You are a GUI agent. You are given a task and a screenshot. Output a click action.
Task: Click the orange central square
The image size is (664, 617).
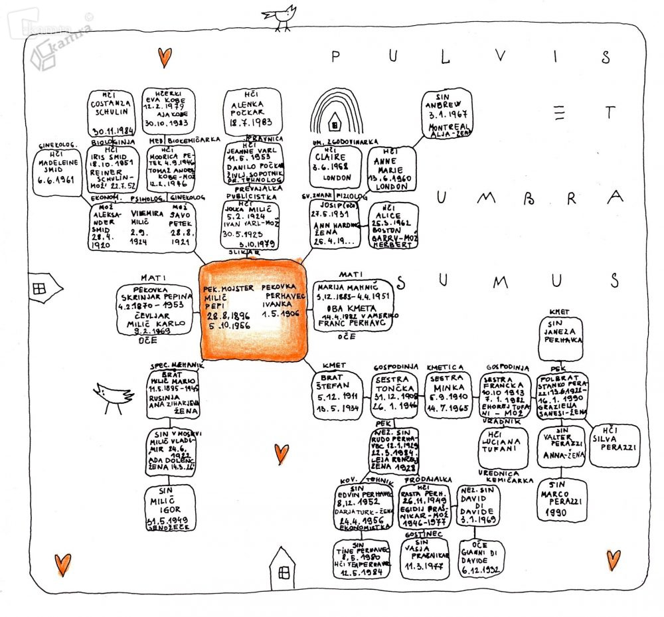coord(255,310)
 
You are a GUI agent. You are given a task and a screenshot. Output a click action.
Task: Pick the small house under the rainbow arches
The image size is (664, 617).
coord(335,122)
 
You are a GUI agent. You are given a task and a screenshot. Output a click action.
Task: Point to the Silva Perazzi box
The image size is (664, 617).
coord(614,446)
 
